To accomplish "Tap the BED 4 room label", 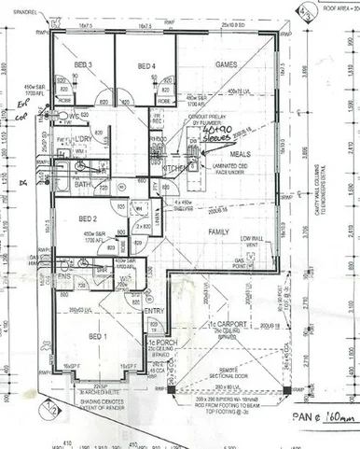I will [x=147, y=65].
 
